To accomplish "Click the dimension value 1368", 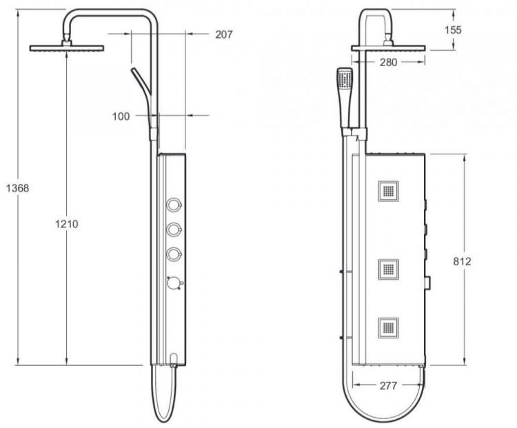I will pyautogui.click(x=15, y=187).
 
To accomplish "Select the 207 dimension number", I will pyautogui.click(x=223, y=34).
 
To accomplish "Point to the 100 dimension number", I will pyautogui.click(x=121, y=116).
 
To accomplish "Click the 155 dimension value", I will pyautogui.click(x=472, y=30).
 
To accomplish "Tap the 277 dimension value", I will pyautogui.click(x=388, y=386).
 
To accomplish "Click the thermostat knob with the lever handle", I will pyautogui.click(x=175, y=283).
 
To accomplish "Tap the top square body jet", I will pyautogui.click(x=388, y=190).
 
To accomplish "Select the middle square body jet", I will pyautogui.click(x=388, y=267).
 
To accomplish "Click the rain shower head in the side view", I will pyautogui.click(x=66, y=48).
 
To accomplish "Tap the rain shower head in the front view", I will pyautogui.click(x=388, y=48).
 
